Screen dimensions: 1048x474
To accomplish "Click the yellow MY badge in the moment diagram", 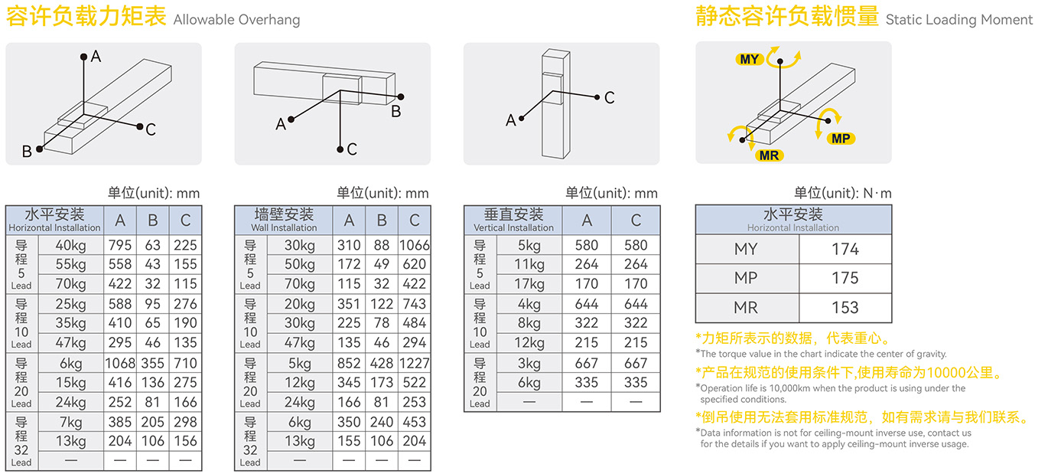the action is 750,59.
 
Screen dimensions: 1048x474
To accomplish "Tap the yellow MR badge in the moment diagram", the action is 769,155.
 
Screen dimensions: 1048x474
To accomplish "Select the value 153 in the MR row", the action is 845,308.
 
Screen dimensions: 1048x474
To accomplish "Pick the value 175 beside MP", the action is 845,278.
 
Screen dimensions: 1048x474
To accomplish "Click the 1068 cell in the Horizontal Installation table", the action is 120,363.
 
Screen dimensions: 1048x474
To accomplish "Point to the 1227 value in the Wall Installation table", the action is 414,363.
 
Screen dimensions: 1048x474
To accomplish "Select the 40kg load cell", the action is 70,246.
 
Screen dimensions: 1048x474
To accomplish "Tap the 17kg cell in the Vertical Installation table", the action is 529,284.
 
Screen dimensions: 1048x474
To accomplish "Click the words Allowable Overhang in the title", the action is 236,20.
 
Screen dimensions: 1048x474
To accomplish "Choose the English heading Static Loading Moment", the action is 959,20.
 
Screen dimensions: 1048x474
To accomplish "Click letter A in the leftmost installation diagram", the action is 96,56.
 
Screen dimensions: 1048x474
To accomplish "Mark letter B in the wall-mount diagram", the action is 395,112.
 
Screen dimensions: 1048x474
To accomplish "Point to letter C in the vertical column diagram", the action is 609,97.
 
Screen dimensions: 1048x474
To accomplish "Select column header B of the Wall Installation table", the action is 382,221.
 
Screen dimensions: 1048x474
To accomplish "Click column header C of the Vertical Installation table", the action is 636,221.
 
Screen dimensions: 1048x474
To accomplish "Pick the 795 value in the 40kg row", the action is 120,246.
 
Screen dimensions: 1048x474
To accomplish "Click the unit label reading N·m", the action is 877,193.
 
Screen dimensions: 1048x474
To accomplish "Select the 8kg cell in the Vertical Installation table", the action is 529,323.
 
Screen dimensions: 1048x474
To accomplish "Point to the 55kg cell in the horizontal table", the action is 70,265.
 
